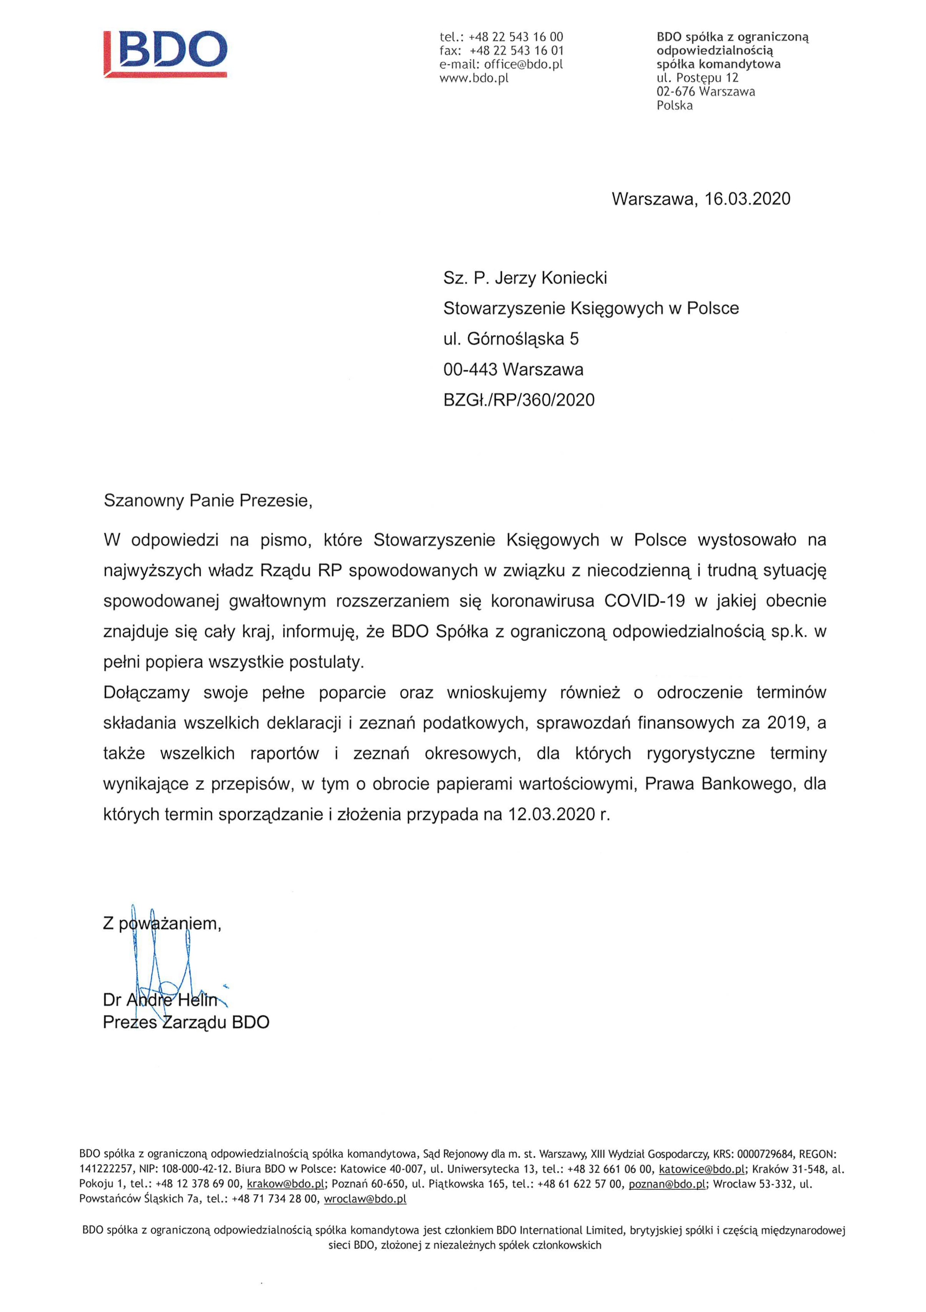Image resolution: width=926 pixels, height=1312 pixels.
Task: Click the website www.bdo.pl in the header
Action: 473,79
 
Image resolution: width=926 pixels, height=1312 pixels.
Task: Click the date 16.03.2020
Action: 747,199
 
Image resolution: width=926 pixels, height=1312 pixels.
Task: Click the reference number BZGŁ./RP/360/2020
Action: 518,400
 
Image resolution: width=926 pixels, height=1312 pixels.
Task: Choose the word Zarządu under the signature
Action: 195,1022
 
